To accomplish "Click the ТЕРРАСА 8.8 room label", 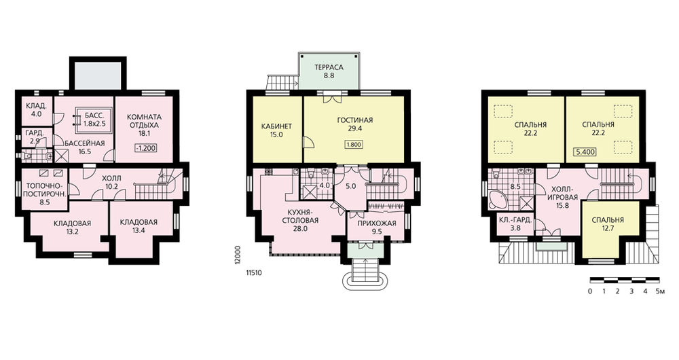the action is click(329, 71).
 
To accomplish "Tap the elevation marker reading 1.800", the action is click(354, 145).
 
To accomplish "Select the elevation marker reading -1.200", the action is click(145, 147).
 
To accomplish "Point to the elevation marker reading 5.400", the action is click(585, 152).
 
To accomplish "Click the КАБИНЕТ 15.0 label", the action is click(276, 130).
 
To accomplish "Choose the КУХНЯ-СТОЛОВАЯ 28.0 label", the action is click(300, 220).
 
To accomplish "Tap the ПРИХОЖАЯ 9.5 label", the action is click(377, 228).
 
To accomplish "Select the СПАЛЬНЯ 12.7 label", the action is click(608, 224).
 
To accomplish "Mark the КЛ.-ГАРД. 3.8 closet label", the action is click(515, 223).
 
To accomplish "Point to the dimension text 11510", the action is click(254, 273).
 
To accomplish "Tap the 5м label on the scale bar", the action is click(660, 291).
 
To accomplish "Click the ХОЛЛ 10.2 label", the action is click(111, 183).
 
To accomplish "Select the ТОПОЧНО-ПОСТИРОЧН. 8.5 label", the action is click(45, 193).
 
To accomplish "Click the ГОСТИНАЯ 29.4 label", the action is click(354, 124).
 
